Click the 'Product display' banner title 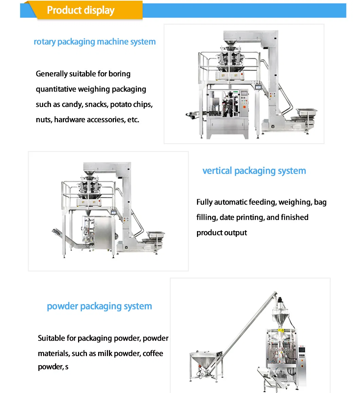[80, 10]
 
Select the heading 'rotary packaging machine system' [94, 42]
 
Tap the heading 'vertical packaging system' [254, 171]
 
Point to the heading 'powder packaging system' [100, 306]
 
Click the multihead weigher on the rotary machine [230, 59]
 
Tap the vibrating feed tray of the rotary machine [306, 112]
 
